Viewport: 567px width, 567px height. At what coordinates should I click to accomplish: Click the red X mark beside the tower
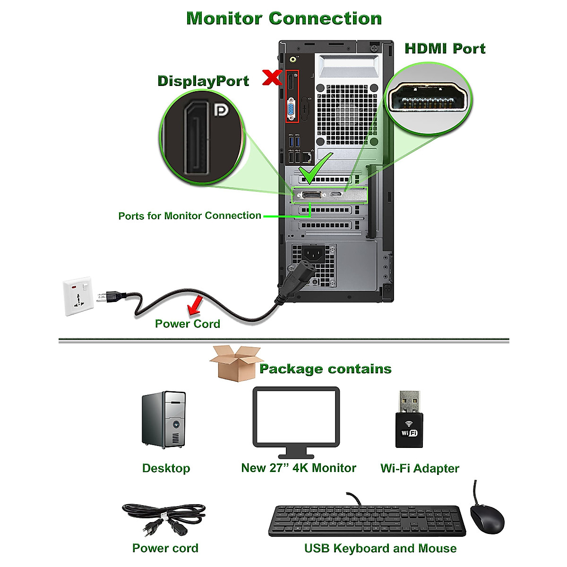coord(272,77)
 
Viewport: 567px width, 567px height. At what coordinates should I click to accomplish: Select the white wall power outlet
coord(78,296)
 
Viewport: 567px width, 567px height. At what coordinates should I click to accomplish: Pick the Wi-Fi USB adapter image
coord(409,419)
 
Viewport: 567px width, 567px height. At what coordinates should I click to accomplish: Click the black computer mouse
coord(487,517)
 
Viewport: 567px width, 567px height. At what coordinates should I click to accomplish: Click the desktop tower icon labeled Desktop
coord(164,420)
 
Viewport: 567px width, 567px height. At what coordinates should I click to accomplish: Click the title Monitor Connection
coord(284,18)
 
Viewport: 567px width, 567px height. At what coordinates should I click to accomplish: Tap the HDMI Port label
coord(445,49)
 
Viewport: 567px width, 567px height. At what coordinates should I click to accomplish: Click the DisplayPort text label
coord(203,81)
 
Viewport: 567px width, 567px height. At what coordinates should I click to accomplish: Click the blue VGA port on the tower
coord(291,110)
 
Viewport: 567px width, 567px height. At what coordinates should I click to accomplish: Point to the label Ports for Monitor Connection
coord(189,216)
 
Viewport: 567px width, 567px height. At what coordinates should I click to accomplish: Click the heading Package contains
coord(325,369)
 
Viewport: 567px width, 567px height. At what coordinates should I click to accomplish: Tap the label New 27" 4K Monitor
coord(299,468)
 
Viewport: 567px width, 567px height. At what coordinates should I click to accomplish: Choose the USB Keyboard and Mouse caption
coord(380,548)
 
